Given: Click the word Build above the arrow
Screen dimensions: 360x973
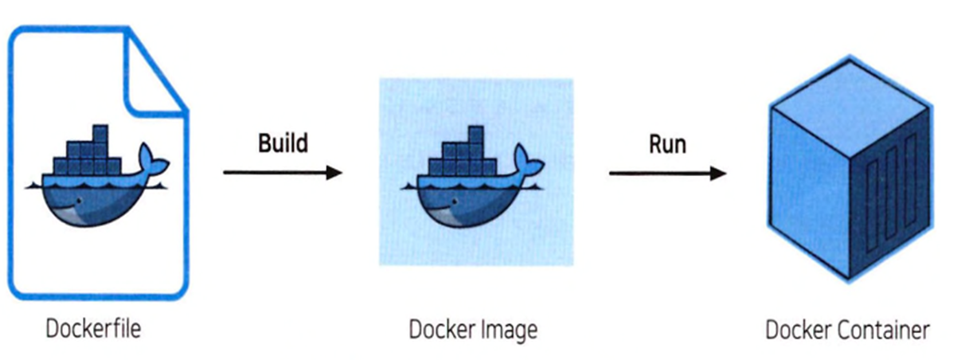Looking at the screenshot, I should click(x=282, y=143).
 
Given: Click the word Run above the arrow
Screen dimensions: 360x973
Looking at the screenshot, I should click(x=666, y=143).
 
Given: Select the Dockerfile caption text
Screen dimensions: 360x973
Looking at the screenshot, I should click(x=94, y=327).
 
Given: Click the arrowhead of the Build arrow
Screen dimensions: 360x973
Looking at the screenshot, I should click(x=335, y=172).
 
